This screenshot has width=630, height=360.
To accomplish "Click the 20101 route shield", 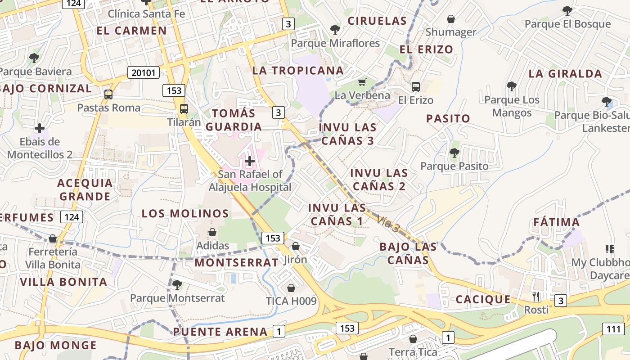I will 144,72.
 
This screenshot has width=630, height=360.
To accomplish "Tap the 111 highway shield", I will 613,329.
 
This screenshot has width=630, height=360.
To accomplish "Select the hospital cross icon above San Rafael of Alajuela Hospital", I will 250,161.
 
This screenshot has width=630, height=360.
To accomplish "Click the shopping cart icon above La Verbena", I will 362,82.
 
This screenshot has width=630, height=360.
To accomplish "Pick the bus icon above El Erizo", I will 415,87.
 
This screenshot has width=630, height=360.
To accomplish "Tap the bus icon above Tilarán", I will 184,108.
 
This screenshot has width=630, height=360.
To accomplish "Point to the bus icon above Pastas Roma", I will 108,94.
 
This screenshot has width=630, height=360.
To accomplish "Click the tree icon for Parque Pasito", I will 454,153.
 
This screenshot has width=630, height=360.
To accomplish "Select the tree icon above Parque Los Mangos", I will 511,86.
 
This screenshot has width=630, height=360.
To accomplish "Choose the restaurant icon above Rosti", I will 536,296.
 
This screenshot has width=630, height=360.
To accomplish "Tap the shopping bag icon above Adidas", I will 212,232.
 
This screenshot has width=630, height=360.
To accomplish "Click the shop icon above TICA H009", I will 291,288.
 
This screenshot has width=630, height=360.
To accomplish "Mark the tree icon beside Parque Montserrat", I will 177,285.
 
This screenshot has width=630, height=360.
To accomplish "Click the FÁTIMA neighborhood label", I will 556,222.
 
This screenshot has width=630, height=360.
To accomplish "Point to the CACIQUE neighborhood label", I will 483,299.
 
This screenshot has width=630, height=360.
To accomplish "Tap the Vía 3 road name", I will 388,225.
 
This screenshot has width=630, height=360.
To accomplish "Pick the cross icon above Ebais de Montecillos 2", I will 40,129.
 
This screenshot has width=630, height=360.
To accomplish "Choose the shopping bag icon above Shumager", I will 450,19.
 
